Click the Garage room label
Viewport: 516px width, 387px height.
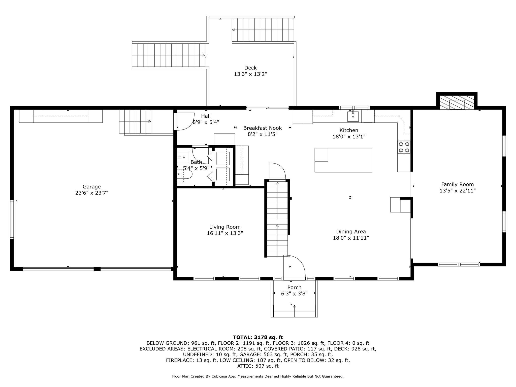point(92,187)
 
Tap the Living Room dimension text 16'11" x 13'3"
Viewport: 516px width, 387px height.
point(225,233)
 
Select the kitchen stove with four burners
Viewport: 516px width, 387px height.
point(404,147)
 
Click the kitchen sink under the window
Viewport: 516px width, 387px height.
point(353,116)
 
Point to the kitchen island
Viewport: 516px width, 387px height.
point(343,160)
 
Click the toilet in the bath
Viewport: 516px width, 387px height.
point(184,174)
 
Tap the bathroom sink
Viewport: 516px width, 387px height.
point(184,157)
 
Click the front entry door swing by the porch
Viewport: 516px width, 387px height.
point(294,267)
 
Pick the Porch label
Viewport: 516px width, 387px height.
point(294,287)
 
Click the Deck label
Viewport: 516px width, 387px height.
point(250,68)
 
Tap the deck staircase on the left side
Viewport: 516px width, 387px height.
point(169,55)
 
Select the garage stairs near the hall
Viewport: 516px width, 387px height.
point(135,121)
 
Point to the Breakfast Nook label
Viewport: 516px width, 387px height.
point(263,128)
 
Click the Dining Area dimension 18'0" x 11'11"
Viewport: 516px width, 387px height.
point(351,238)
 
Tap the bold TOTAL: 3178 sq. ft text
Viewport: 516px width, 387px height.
point(258,337)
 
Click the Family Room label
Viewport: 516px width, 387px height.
point(458,184)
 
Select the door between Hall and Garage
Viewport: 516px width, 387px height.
point(184,121)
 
